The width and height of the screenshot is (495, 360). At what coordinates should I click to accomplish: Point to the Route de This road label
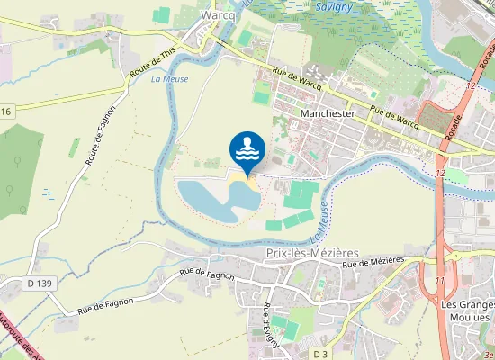point(152,62)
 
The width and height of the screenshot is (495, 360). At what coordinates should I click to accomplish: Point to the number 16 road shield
point(5,112)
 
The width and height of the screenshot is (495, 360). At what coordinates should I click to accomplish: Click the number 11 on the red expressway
point(439,282)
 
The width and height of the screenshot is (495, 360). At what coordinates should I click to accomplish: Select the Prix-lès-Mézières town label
point(312,254)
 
